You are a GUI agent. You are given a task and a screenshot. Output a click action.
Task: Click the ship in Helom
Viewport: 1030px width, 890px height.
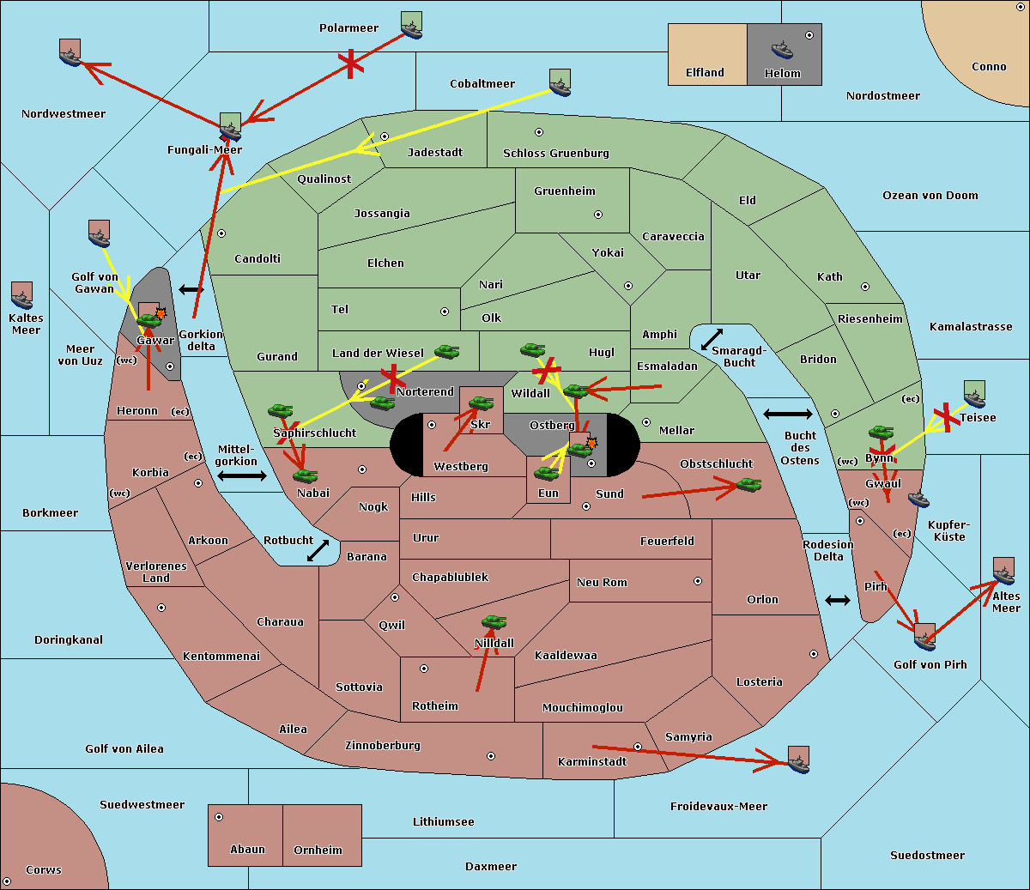[x=782, y=50]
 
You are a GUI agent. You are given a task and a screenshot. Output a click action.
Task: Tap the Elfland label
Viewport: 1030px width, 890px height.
[x=705, y=73]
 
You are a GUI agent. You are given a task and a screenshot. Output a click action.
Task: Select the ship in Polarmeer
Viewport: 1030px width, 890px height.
[x=412, y=29]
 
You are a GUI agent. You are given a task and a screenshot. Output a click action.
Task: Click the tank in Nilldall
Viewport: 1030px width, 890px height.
[x=494, y=622]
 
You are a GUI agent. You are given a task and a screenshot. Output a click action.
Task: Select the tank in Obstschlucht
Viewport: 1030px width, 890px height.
[x=749, y=484]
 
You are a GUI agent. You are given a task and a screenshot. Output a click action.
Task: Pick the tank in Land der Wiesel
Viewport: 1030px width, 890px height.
[x=446, y=351]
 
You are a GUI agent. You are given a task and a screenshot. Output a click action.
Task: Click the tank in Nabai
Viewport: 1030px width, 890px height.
[x=305, y=475]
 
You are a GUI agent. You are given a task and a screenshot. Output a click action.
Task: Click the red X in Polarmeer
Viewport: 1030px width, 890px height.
[x=351, y=64]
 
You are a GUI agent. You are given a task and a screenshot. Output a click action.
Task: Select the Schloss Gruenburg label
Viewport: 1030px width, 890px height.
[x=556, y=153]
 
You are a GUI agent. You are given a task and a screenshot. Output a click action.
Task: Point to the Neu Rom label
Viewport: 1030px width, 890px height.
[x=602, y=582]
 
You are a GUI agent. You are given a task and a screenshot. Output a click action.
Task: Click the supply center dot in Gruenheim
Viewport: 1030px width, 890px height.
[x=598, y=215]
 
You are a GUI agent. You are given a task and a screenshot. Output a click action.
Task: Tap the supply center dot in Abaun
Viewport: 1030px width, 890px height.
[x=219, y=817]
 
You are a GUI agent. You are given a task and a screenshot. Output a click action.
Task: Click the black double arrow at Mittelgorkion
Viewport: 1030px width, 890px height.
[x=242, y=475]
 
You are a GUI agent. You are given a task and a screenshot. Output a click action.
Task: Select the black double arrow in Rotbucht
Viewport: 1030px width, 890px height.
[x=318, y=550]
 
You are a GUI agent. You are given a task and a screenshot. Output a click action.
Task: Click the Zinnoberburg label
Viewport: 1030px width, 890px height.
[x=383, y=745]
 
